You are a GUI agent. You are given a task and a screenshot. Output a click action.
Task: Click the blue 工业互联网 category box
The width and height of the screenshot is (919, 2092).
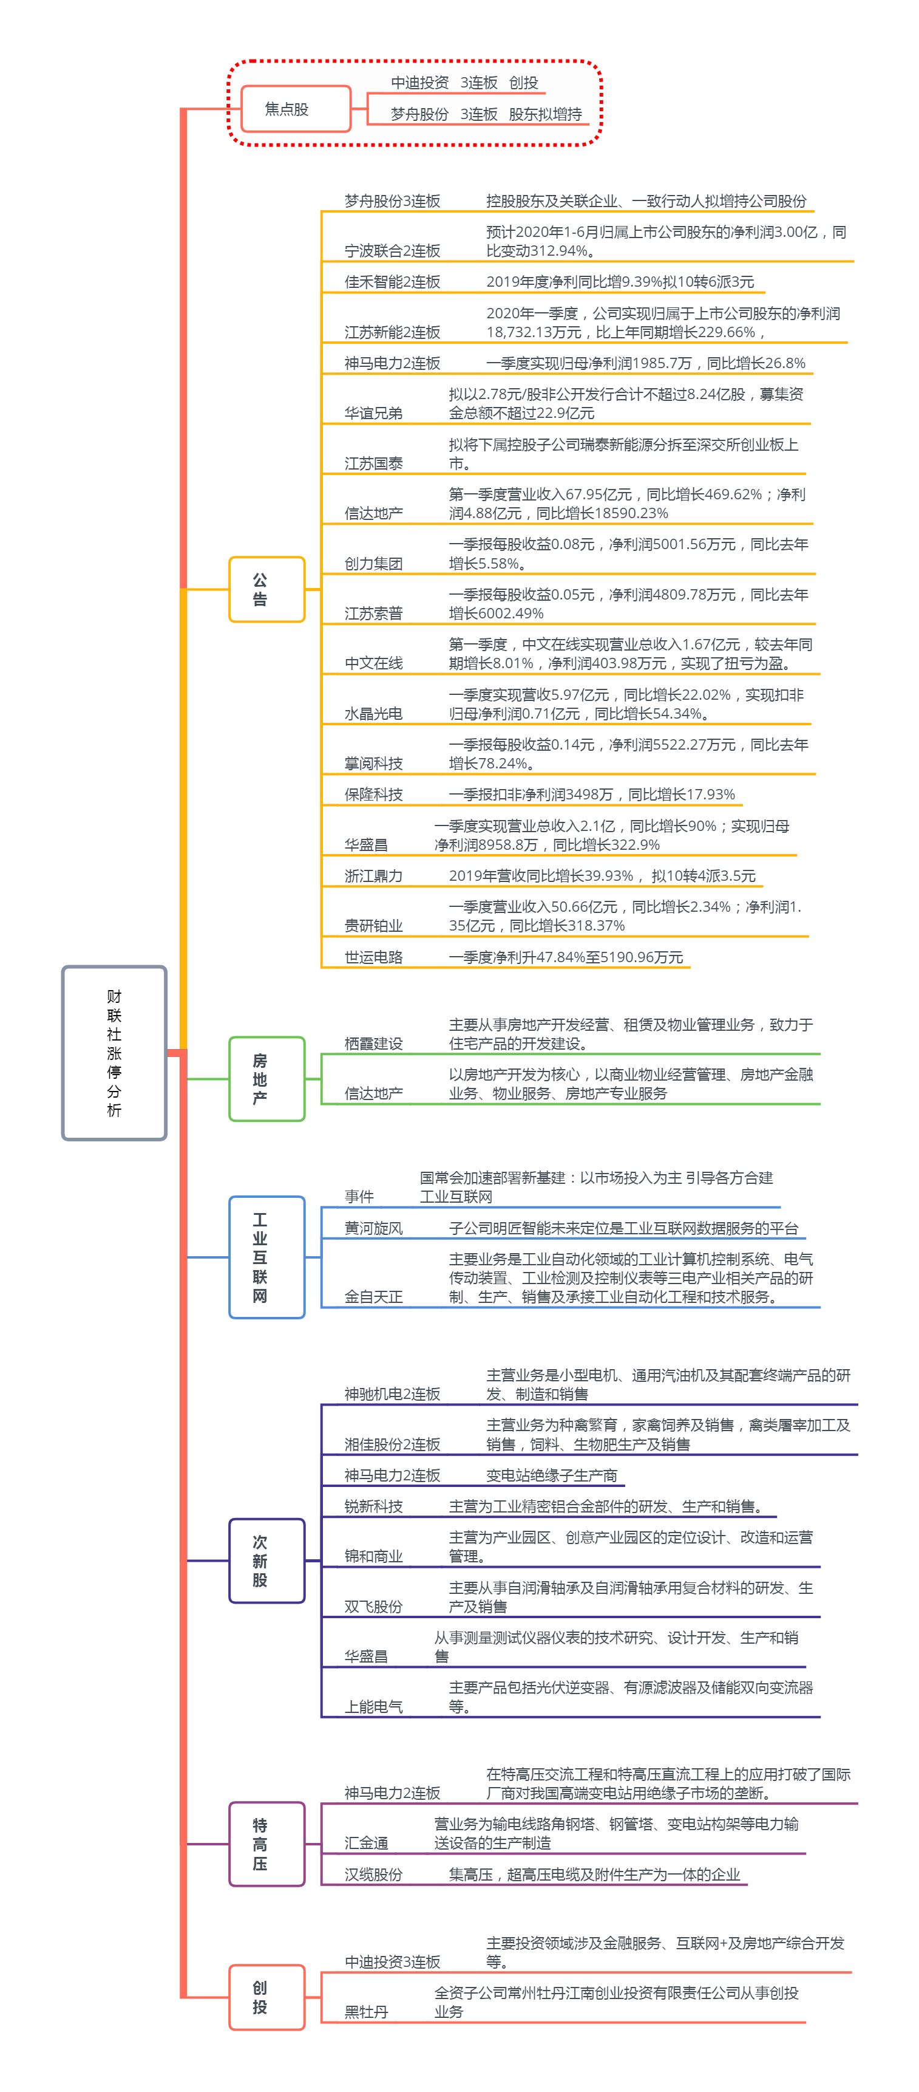point(266,1257)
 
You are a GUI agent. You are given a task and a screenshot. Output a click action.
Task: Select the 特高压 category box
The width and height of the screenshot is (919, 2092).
point(266,1844)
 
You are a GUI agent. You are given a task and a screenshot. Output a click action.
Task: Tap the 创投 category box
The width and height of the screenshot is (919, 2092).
point(266,1997)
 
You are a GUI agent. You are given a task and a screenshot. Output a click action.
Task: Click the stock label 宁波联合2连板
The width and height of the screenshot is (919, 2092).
point(392,251)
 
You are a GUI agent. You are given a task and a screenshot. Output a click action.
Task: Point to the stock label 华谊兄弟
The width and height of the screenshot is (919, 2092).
point(373,414)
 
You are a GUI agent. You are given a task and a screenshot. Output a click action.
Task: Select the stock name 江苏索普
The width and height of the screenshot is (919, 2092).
point(373,613)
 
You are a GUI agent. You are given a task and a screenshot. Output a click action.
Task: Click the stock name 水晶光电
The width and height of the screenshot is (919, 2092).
point(373,714)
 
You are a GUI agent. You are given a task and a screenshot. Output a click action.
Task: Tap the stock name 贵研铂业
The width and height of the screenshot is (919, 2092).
point(373,926)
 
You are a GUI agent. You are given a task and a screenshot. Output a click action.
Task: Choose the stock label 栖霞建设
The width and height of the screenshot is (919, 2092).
point(373,1044)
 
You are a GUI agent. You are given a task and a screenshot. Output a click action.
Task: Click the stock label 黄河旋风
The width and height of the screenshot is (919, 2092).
point(373,1228)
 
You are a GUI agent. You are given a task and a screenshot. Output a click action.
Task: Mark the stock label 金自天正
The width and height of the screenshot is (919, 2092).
point(373,1297)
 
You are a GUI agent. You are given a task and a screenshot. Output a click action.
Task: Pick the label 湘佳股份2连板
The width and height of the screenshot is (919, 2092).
point(392,1444)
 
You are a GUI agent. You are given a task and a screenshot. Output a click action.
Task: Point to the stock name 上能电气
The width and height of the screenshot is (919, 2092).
point(373,1706)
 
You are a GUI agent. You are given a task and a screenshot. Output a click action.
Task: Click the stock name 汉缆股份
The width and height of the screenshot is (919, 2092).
point(373,1875)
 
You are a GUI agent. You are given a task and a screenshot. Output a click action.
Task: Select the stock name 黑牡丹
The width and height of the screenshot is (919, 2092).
point(366,2012)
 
